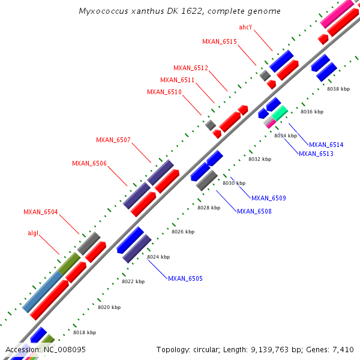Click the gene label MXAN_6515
[220, 41]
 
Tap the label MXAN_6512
[191, 68]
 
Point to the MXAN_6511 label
[178, 80]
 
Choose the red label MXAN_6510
[164, 92]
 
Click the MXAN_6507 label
[113, 140]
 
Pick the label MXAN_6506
[89, 164]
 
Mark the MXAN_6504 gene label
[41, 212]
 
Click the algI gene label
[33, 233]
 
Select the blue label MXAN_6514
[326, 145]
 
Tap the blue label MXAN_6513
[316, 154]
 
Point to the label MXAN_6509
[269, 198]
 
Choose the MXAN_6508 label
[254, 211]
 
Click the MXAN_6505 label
[185, 278]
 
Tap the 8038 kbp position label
[338, 89]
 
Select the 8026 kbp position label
[183, 232]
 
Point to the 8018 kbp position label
[85, 332]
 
